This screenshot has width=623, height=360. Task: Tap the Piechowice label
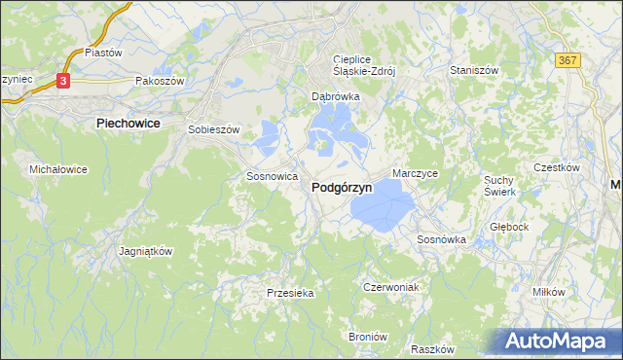coord(129,124)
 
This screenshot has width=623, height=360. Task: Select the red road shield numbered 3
coord(63,82)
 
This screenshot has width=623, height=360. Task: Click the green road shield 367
coord(569,60)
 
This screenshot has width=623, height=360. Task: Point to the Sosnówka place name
coord(442,238)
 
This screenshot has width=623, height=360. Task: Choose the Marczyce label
coord(416,173)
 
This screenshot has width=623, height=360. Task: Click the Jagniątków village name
coord(145,250)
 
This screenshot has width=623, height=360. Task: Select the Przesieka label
coord(290,292)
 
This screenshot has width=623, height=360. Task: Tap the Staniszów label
coord(474,71)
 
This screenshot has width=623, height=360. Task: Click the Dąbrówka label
coord(336,97)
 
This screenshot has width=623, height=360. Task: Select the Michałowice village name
coord(58,169)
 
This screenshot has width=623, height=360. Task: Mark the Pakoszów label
coord(160,82)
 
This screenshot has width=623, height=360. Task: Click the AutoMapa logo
coord(557,341)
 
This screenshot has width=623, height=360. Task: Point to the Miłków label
coord(549,292)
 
